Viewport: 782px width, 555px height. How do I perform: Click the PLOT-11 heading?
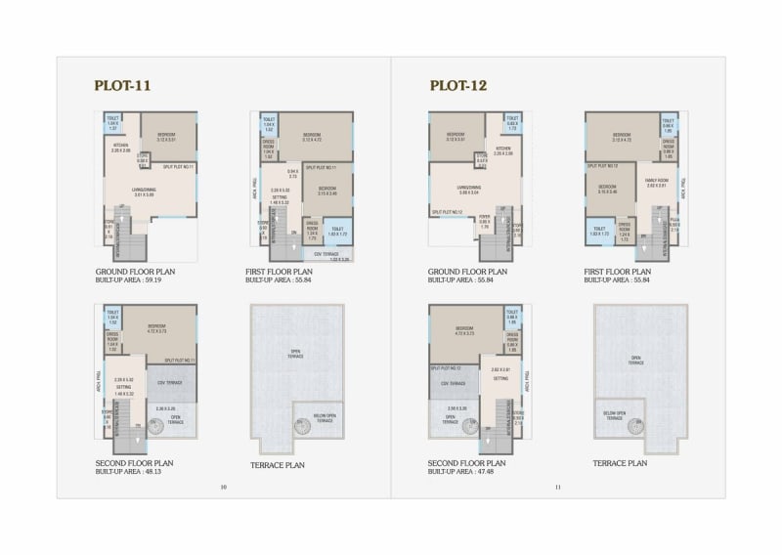(122, 86)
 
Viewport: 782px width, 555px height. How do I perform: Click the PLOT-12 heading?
(458, 86)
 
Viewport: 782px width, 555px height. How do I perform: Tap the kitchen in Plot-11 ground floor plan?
(120, 148)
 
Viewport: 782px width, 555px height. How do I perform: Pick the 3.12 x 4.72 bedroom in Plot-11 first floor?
(313, 137)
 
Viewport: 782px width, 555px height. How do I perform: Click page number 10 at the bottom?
(223, 487)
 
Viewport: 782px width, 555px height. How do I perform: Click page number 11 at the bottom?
(558, 487)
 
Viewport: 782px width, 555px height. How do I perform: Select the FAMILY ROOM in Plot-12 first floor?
(656, 182)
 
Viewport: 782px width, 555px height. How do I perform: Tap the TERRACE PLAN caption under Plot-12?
(620, 463)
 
